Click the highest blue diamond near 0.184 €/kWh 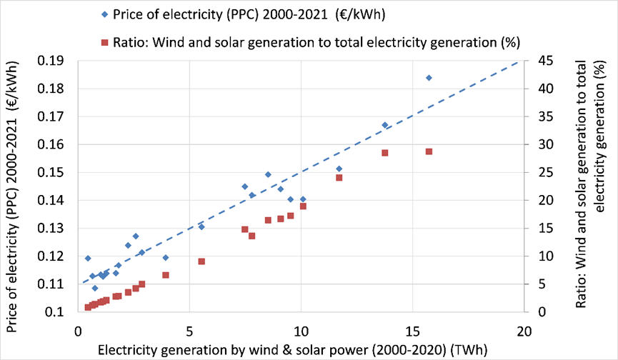pos(429,78)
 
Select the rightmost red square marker pos(429,151)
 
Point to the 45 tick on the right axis pos(537,61)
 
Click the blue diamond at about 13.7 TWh pos(384,125)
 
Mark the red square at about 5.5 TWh pos(201,261)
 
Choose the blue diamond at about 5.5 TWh pos(201,226)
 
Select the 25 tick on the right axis pos(537,172)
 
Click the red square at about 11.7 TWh pos(339,177)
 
